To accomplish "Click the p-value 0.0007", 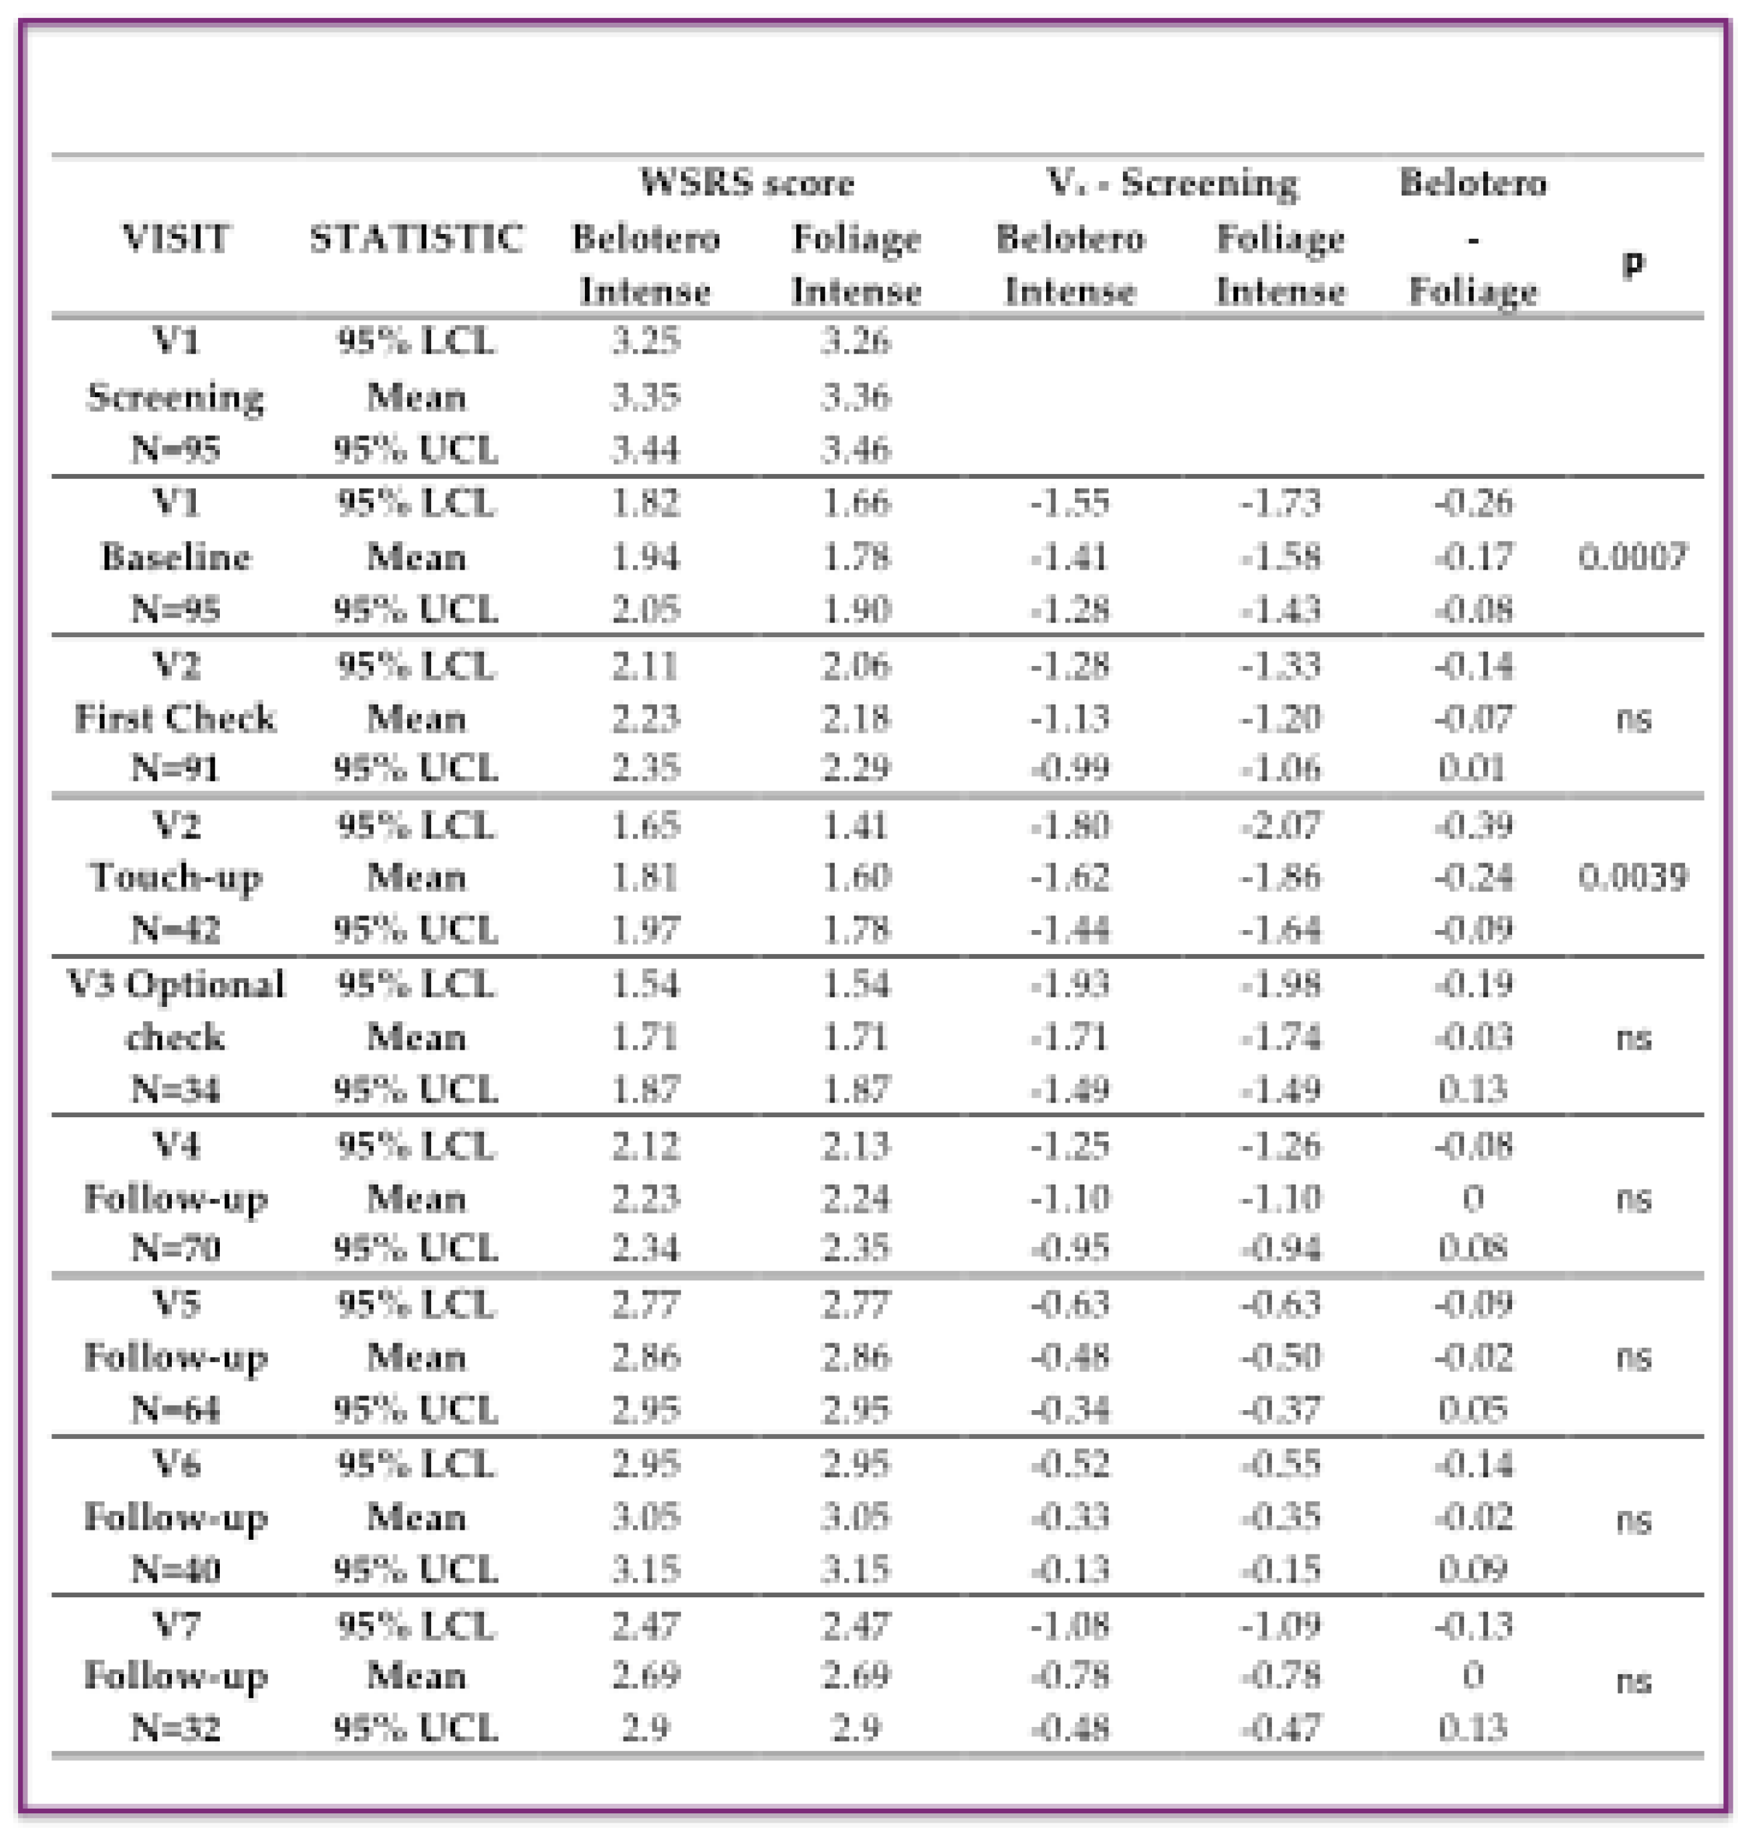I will (1632, 558).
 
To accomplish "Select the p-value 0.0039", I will (1632, 877).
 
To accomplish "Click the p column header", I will (1632, 264).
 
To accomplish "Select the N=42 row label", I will (176, 929).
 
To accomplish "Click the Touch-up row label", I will (176, 877).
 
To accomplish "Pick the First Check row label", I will (176, 719).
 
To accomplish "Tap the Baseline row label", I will (176, 558).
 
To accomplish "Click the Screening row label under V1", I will (176, 397).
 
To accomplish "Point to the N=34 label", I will (176, 1089).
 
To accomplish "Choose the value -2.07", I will (1280, 825).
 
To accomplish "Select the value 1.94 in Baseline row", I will (645, 558).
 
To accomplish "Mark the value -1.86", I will (1280, 877).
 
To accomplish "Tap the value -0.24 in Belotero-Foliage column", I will (1473, 877).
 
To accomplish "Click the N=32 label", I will (176, 1728).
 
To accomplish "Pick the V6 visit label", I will (176, 1464).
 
